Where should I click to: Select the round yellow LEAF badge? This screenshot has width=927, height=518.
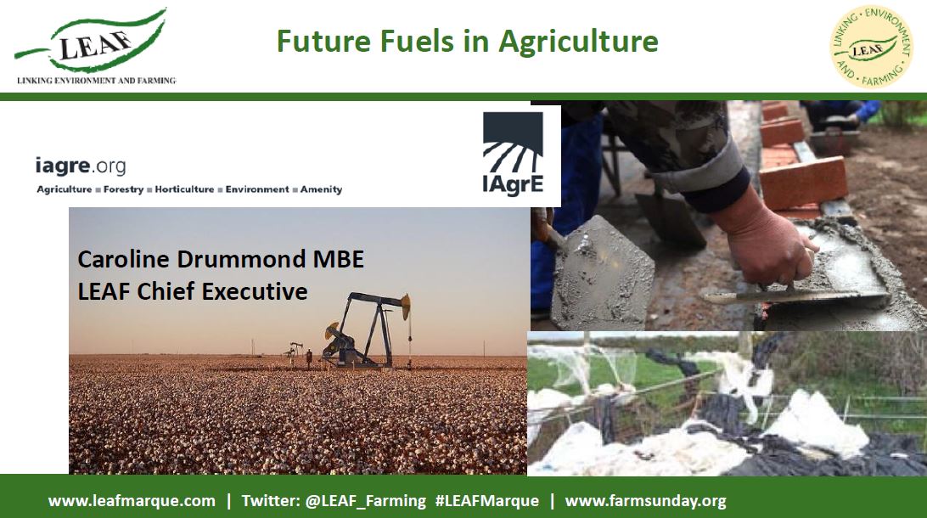pos(872,48)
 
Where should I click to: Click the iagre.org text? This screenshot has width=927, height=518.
pos(81,166)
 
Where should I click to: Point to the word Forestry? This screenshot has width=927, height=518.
pos(123,189)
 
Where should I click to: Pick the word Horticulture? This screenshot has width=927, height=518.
pos(184,189)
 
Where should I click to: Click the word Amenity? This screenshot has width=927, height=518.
pos(321,189)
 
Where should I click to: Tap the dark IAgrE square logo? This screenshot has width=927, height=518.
pos(513,155)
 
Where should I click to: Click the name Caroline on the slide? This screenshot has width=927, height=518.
pos(123,259)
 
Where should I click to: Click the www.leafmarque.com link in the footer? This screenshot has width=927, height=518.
pos(132,501)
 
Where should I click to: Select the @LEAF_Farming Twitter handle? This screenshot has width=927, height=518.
pos(365,501)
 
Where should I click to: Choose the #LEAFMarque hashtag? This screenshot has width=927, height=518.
pos(487,501)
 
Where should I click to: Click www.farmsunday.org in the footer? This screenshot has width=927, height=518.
pos(645,501)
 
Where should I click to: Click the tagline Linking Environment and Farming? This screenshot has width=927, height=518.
pos(97,81)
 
